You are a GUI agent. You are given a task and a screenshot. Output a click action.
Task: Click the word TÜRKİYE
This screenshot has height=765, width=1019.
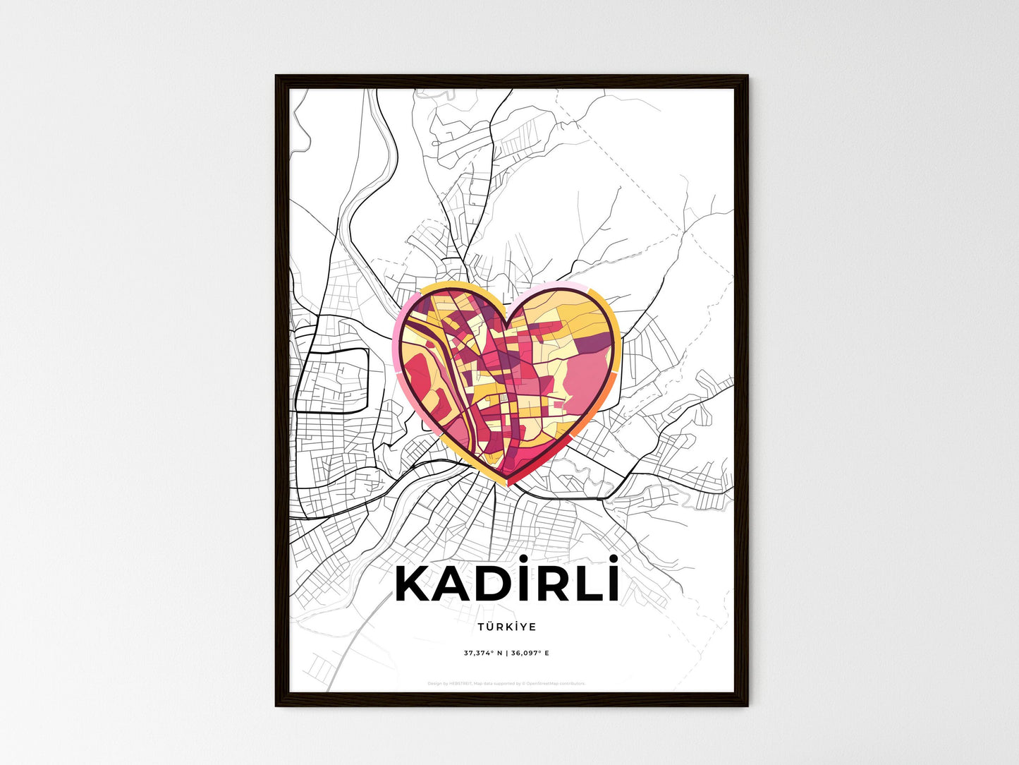point(506,627)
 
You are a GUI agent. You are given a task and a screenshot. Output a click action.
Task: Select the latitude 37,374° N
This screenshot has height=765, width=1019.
point(483,653)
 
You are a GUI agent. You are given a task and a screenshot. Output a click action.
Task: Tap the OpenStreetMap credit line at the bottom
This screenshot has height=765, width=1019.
point(506,684)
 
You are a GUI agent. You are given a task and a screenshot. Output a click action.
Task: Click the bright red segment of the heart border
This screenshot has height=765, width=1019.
point(543,462)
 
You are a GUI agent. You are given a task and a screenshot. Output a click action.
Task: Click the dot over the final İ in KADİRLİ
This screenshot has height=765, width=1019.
point(614,558)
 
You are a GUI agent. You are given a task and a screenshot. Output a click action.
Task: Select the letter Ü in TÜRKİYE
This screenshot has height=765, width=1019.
point(489,627)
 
